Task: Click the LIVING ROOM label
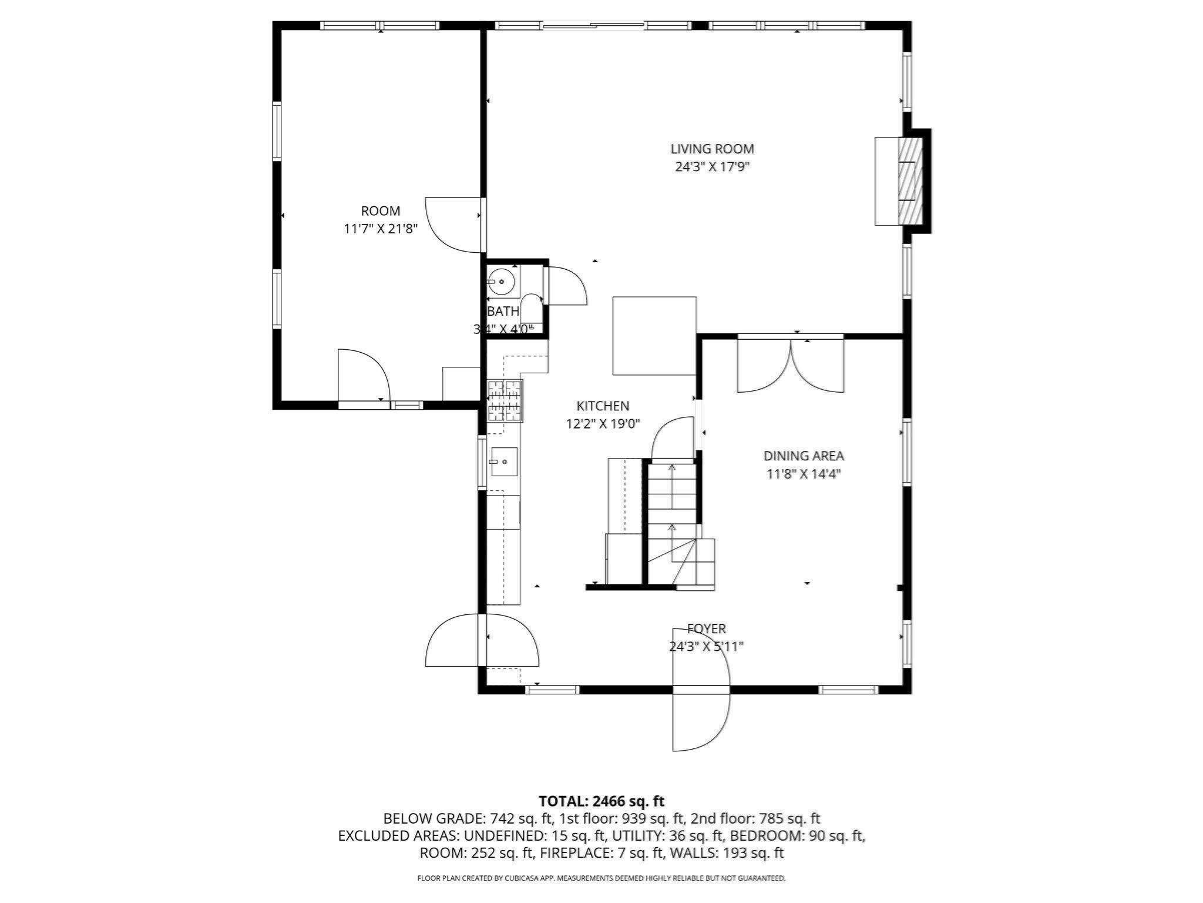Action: coord(712,149)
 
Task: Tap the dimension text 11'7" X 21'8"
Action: coord(380,229)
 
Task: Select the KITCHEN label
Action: coord(603,406)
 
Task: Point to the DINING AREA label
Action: coord(803,456)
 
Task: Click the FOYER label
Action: coord(706,628)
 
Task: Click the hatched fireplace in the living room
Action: coord(910,181)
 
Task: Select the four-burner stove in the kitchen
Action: coord(505,401)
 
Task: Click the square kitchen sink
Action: coord(504,461)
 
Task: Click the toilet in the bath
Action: coord(532,309)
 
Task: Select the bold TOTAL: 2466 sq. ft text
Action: coord(601,801)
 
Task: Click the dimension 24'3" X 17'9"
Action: coord(712,167)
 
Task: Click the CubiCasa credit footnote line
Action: coord(601,878)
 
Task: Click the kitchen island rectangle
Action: coord(654,336)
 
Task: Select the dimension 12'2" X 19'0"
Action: coord(603,424)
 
